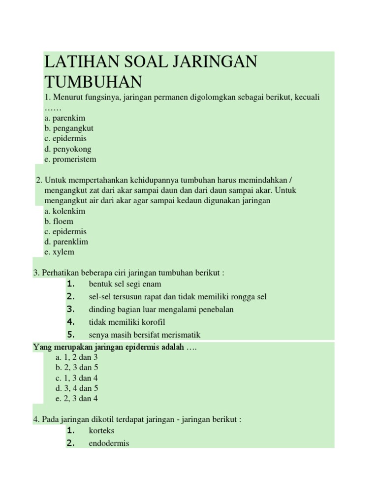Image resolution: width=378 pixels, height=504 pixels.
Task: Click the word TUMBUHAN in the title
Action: [x=93, y=81]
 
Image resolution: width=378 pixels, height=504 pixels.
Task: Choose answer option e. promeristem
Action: [x=70, y=159]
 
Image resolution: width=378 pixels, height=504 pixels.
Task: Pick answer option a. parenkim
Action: [x=64, y=118]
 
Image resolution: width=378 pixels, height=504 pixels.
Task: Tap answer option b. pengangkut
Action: [x=68, y=128]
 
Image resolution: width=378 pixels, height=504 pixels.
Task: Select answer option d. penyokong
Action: [x=67, y=149]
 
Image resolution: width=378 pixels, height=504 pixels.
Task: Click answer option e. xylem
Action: [x=59, y=252]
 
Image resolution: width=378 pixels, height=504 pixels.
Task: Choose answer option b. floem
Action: [x=59, y=221]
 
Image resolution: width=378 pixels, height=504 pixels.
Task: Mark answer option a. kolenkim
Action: [x=64, y=211]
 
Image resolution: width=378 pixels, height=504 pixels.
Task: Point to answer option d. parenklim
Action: [x=66, y=242]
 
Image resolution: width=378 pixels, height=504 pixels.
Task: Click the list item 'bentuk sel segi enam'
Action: [x=125, y=284]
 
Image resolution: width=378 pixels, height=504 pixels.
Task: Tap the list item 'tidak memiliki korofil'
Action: [x=127, y=322]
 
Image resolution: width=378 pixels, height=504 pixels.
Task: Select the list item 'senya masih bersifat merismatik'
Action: [x=145, y=335]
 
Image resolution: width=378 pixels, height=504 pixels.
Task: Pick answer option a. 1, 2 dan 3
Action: [x=77, y=357]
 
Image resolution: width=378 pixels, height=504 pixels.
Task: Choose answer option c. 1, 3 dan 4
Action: [x=77, y=378]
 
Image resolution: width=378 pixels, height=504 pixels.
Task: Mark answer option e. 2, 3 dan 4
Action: [x=77, y=399]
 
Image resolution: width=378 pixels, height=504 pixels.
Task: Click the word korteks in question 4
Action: [x=101, y=431]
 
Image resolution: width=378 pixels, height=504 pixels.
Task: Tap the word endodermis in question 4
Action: [x=109, y=443]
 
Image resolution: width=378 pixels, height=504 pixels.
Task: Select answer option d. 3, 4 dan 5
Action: [x=77, y=388]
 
